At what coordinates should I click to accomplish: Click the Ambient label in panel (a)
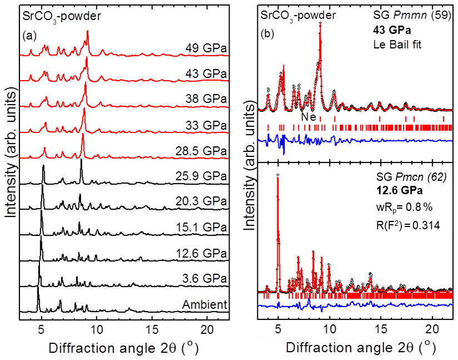click(204, 304)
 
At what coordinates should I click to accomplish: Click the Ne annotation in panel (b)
click(308, 117)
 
